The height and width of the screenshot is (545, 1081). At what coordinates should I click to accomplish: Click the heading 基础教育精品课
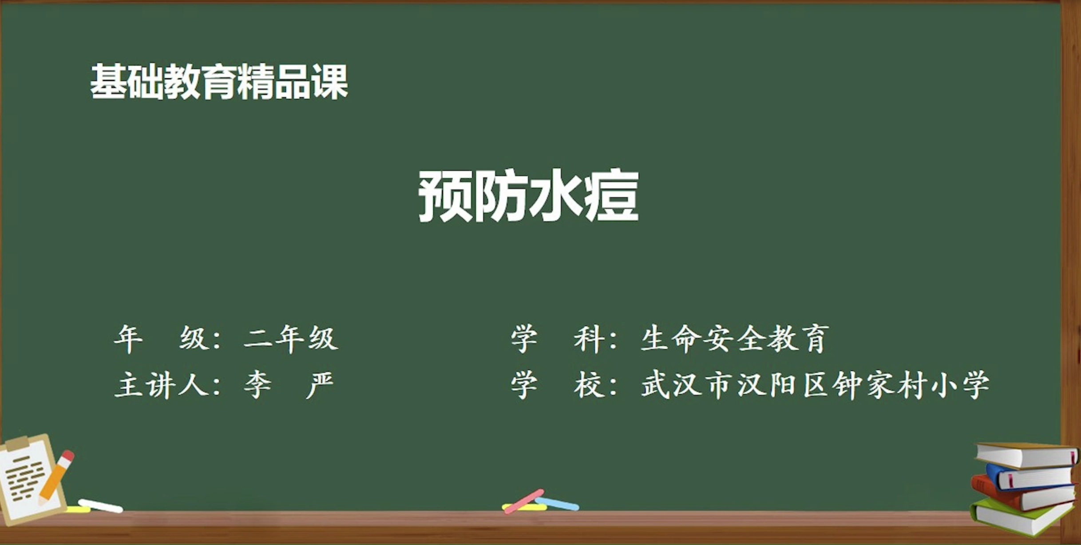219,82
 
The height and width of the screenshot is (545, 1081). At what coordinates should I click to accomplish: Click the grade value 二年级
291,339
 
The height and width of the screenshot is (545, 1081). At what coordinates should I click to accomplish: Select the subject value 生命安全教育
735,339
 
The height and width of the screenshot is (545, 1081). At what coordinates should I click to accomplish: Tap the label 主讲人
161,385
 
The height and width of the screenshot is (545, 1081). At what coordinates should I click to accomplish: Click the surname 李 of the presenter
258,385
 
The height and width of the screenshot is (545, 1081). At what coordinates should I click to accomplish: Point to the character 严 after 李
320,385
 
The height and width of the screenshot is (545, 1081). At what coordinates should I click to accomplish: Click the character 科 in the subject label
588,339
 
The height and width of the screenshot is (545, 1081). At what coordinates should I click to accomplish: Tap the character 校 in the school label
588,385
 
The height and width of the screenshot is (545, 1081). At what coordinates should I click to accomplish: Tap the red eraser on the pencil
68,456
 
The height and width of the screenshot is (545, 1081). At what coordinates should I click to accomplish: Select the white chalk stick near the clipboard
100,506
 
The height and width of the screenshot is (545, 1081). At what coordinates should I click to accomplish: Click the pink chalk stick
524,501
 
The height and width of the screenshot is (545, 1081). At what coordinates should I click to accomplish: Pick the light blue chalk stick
557,504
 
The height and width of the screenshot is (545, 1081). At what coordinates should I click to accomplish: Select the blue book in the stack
1030,477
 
